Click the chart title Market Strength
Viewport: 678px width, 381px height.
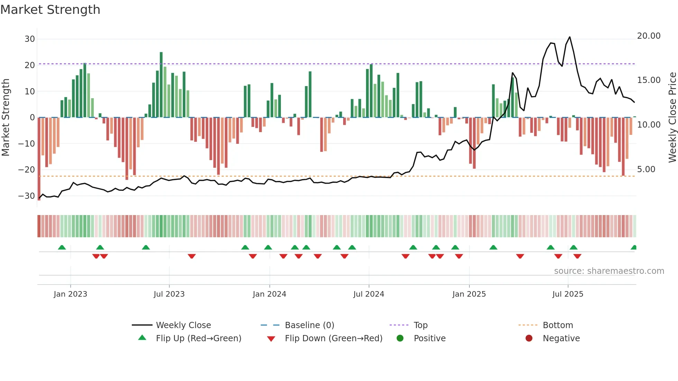(x=50, y=10)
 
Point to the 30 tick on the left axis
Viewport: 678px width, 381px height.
(x=30, y=39)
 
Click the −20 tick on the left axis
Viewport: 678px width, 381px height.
(x=27, y=170)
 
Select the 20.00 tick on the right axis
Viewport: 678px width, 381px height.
(x=649, y=36)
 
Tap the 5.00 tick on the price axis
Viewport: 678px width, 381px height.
(x=646, y=169)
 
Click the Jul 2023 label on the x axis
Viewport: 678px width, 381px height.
(x=169, y=294)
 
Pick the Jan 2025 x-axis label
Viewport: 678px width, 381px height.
(x=469, y=294)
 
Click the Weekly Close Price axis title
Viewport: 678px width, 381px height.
(x=672, y=118)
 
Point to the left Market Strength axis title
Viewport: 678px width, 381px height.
(x=6, y=118)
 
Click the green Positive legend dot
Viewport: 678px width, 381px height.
(x=400, y=338)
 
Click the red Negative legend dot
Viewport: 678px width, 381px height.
(x=529, y=338)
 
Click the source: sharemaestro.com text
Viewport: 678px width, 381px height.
(x=609, y=271)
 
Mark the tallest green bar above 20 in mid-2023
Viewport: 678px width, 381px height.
(x=161, y=85)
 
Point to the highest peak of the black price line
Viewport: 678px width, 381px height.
(x=569, y=37)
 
